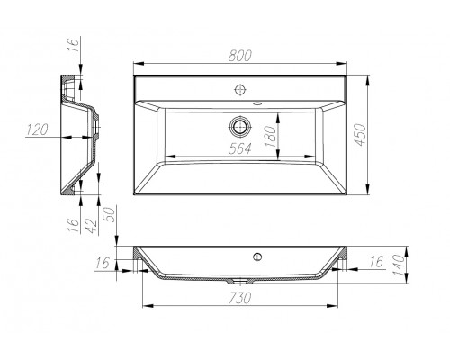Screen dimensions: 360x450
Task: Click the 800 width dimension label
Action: [240, 57]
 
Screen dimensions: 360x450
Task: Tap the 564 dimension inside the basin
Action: [238, 150]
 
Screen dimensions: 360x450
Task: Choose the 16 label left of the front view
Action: [102, 262]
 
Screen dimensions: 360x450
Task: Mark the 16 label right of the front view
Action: [375, 262]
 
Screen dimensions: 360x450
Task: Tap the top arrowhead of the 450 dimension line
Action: [370, 79]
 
